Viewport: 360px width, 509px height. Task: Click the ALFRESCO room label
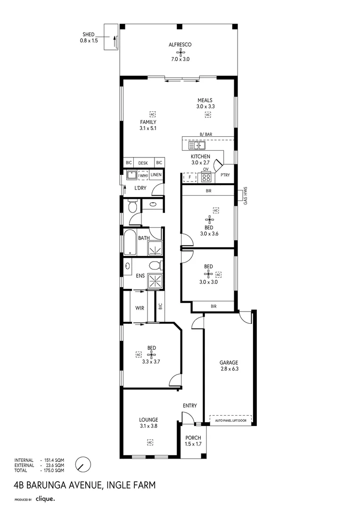(x=179, y=45)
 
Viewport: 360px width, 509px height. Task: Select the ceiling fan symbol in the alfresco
(x=179, y=53)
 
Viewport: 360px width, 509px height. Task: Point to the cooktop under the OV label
(x=206, y=177)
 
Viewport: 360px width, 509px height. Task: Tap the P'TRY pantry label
(x=225, y=175)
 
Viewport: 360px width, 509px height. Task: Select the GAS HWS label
(x=245, y=196)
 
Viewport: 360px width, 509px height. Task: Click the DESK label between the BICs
(x=143, y=163)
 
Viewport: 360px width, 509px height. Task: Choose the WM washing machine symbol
(x=144, y=176)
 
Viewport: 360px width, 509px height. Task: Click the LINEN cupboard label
(x=156, y=175)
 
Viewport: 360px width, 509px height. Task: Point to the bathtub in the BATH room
(x=129, y=242)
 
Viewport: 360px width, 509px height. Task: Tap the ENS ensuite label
(x=139, y=276)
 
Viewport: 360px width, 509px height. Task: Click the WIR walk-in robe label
(x=139, y=308)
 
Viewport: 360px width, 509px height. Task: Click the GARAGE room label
(x=229, y=362)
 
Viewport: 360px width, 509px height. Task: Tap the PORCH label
(x=193, y=438)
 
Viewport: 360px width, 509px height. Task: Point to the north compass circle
(x=83, y=464)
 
